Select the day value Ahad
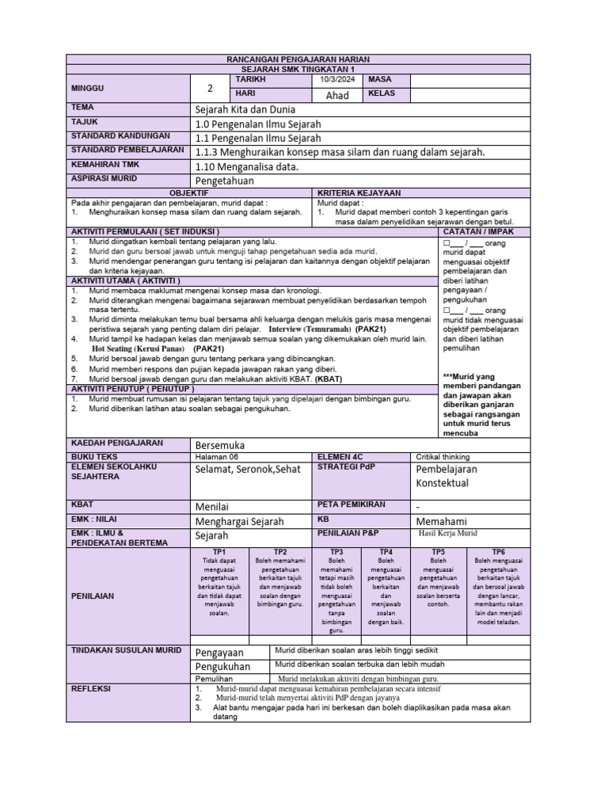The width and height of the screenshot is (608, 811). tap(337, 95)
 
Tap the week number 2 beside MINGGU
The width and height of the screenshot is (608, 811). tap(210, 88)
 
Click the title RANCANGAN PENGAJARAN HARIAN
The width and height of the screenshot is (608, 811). tap(298, 60)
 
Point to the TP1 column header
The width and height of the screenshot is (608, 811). tap(220, 551)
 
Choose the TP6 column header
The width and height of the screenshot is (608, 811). tap(498, 551)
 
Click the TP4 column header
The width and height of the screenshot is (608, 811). tap(386, 551)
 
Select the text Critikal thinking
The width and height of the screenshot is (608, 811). tap(443, 457)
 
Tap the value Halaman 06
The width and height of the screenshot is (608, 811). tap(216, 457)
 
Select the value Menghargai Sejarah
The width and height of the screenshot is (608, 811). tap(239, 521)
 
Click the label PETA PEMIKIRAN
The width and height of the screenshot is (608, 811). tap(351, 504)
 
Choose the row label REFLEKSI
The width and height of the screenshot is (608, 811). tap(93, 689)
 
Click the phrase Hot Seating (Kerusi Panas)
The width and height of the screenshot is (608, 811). tap(139, 348)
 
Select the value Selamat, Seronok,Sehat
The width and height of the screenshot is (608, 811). tap(248, 469)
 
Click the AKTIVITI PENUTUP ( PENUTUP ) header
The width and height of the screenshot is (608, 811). tap(132, 390)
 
